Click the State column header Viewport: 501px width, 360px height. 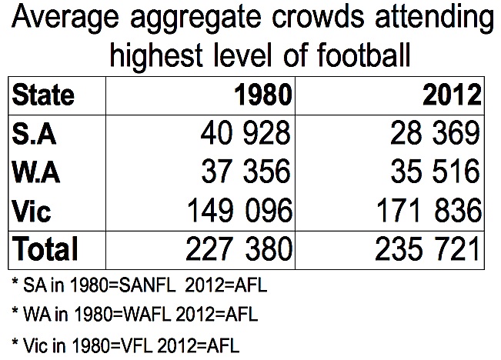(x=43, y=95)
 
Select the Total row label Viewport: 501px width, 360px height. (x=45, y=248)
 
